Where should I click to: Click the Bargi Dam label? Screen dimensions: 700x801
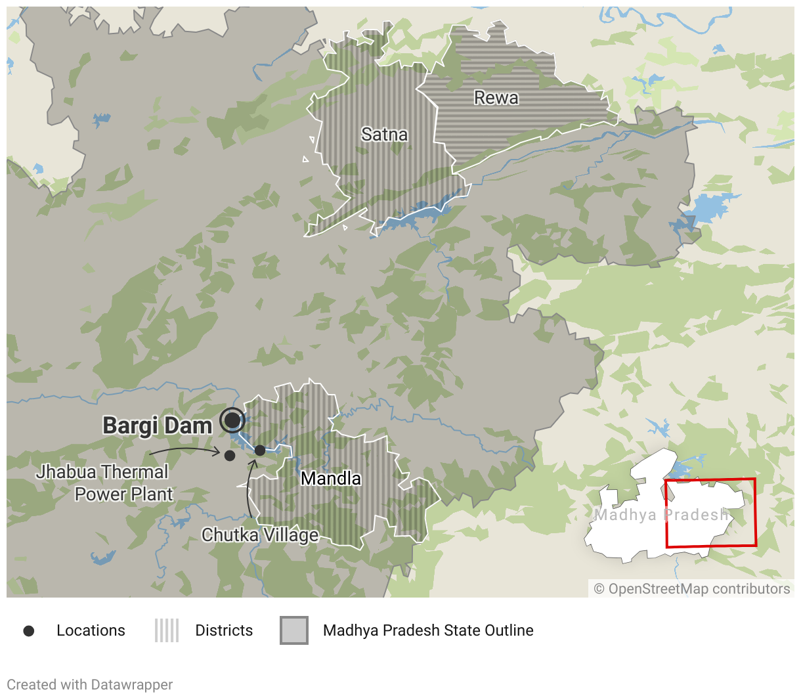tap(158, 426)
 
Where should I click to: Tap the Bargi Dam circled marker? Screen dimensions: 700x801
tap(232, 420)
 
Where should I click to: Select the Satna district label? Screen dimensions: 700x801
tap(385, 135)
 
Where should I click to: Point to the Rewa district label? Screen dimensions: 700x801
tap(496, 98)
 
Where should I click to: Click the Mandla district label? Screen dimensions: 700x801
tap(331, 479)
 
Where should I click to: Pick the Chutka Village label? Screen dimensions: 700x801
tap(260, 535)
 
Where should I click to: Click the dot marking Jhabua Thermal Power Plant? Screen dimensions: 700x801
tap(229, 455)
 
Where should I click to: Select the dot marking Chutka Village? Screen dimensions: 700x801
tap(260, 450)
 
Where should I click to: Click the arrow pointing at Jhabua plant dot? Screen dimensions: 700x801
tap(184, 450)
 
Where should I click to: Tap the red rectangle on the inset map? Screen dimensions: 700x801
tap(710, 513)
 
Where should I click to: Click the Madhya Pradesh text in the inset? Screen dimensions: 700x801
tap(661, 515)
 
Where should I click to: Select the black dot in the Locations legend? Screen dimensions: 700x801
tap(29, 631)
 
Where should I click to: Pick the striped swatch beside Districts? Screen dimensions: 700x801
tap(167, 630)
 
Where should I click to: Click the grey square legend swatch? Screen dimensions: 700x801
tap(294, 630)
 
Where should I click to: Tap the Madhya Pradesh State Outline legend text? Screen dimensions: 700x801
tap(428, 630)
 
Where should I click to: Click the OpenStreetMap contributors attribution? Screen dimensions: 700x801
tap(692, 589)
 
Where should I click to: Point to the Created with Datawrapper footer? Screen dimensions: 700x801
tap(90, 685)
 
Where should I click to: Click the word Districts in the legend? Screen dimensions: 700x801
tap(224, 630)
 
